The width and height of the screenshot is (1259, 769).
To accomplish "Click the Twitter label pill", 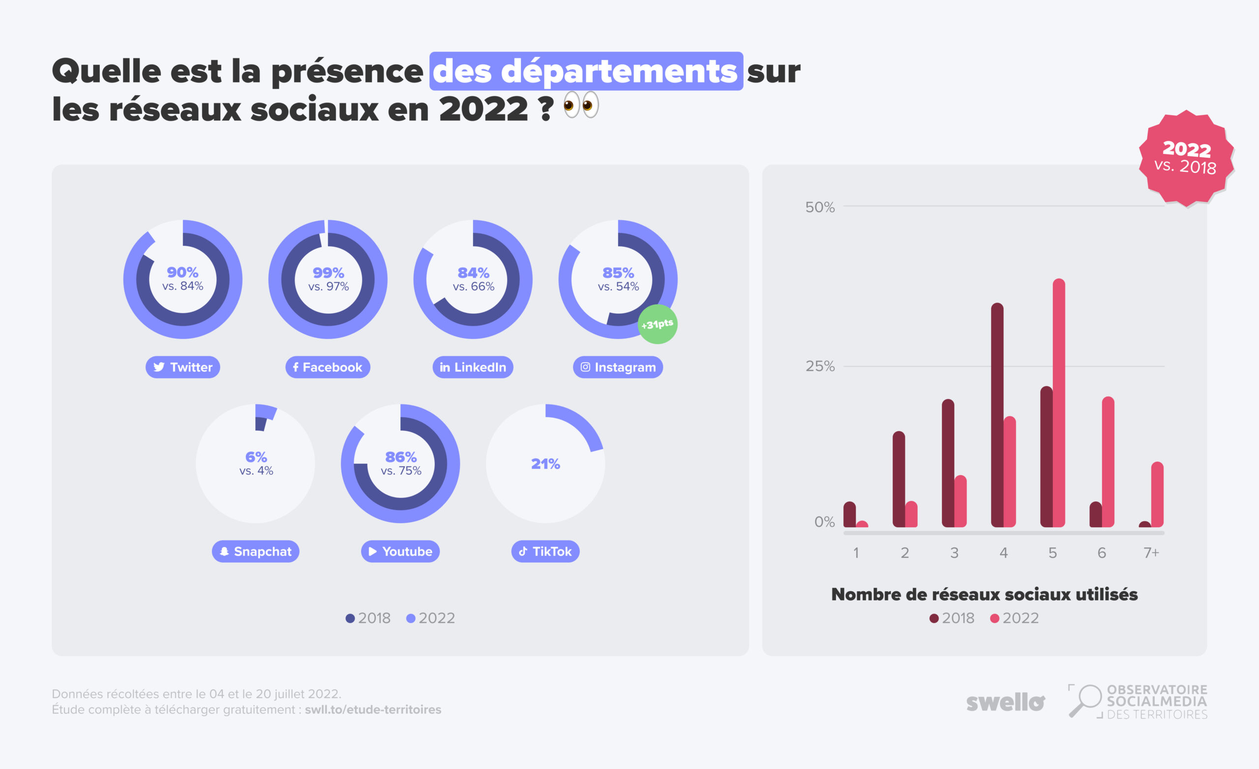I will (182, 367).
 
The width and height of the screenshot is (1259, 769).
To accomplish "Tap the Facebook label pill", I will (328, 367).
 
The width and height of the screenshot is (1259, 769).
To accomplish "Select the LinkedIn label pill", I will (473, 367).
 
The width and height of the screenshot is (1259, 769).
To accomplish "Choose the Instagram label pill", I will (618, 367).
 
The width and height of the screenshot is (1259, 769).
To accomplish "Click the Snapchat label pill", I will (255, 551).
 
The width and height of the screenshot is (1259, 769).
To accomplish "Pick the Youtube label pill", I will (400, 551).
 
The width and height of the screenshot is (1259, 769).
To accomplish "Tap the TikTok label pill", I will (545, 551).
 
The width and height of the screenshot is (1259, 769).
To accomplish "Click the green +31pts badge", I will (658, 324).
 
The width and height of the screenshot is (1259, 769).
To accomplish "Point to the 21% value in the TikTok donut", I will (545, 464).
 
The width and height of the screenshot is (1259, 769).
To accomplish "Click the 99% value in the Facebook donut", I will (328, 273).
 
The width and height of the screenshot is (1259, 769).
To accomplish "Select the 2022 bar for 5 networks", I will (1059, 403).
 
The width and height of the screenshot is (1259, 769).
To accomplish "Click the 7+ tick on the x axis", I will (1151, 552).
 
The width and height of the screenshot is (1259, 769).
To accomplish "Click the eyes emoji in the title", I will (581, 105).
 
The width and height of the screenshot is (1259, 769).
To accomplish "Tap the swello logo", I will (1005, 703).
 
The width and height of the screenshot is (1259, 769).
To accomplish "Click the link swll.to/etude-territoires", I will (373, 710).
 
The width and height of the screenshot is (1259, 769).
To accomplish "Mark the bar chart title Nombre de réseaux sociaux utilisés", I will (984, 595).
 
